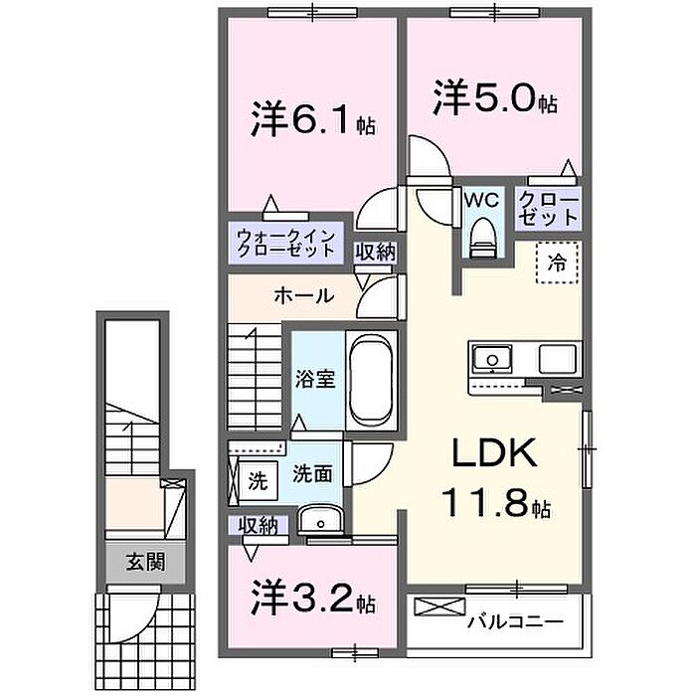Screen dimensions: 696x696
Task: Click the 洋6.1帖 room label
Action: pyautogui.click(x=313, y=119)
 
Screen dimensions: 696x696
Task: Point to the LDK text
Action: pyautogui.click(x=494, y=452)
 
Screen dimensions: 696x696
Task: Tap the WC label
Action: pyautogui.click(x=481, y=200)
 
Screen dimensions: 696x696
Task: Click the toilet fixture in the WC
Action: pyautogui.click(x=482, y=238)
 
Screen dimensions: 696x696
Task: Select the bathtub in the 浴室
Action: pyautogui.click(x=371, y=380)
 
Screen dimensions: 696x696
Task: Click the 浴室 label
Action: pyautogui.click(x=315, y=380)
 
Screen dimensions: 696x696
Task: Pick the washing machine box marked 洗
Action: pyautogui.click(x=258, y=481)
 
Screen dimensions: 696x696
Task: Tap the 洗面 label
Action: pyautogui.click(x=312, y=474)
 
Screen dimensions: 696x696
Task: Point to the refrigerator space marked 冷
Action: pyautogui.click(x=557, y=262)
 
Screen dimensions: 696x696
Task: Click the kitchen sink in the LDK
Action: pyautogui.click(x=492, y=359)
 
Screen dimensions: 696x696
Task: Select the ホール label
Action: pyautogui.click(x=304, y=295)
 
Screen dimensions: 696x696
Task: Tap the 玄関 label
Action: pyautogui.click(x=145, y=563)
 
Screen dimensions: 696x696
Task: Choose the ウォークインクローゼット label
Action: pyautogui.click(x=286, y=244)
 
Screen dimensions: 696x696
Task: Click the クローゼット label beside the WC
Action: pyautogui.click(x=549, y=208)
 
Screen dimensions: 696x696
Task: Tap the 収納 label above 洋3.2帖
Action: pyautogui.click(x=258, y=526)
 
